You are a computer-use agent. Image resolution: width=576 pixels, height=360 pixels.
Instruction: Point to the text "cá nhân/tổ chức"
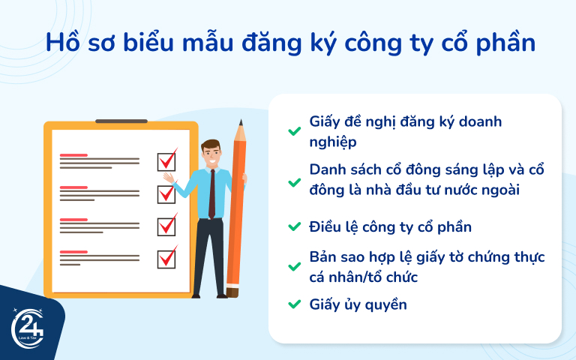coord(363,277)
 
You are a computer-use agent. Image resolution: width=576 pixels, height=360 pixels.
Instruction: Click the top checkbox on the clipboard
coord(166,160)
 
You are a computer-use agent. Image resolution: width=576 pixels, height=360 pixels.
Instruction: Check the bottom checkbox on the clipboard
coord(166,258)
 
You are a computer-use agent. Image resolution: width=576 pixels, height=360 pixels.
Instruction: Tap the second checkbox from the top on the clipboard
coord(166,193)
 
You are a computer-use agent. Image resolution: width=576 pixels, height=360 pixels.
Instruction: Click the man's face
coord(212,154)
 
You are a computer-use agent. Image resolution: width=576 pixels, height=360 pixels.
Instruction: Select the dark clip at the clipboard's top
coord(121,121)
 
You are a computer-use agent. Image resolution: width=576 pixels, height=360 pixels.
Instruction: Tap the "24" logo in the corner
coord(27,328)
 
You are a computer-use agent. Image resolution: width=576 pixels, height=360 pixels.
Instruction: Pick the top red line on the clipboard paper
coord(73,154)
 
